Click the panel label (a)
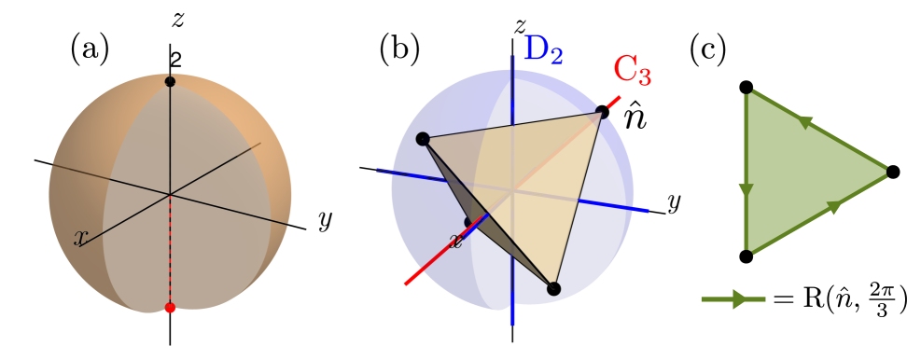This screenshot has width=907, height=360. [90, 48]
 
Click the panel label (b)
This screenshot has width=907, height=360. [399, 48]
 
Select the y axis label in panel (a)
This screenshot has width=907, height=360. [325, 220]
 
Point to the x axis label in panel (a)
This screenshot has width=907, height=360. [81, 238]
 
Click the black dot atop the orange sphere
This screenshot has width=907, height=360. [170, 82]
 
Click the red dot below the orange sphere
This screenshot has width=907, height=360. [170, 307]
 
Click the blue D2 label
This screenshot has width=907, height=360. [542, 49]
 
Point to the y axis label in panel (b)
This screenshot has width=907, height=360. [672, 201]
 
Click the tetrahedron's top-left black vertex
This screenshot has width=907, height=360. [422, 139]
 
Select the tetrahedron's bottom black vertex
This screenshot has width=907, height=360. [553, 288]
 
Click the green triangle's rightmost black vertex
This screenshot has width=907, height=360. [892, 172]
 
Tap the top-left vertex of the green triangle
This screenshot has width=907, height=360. [746, 88]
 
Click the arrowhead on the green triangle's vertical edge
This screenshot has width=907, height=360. [746, 190]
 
